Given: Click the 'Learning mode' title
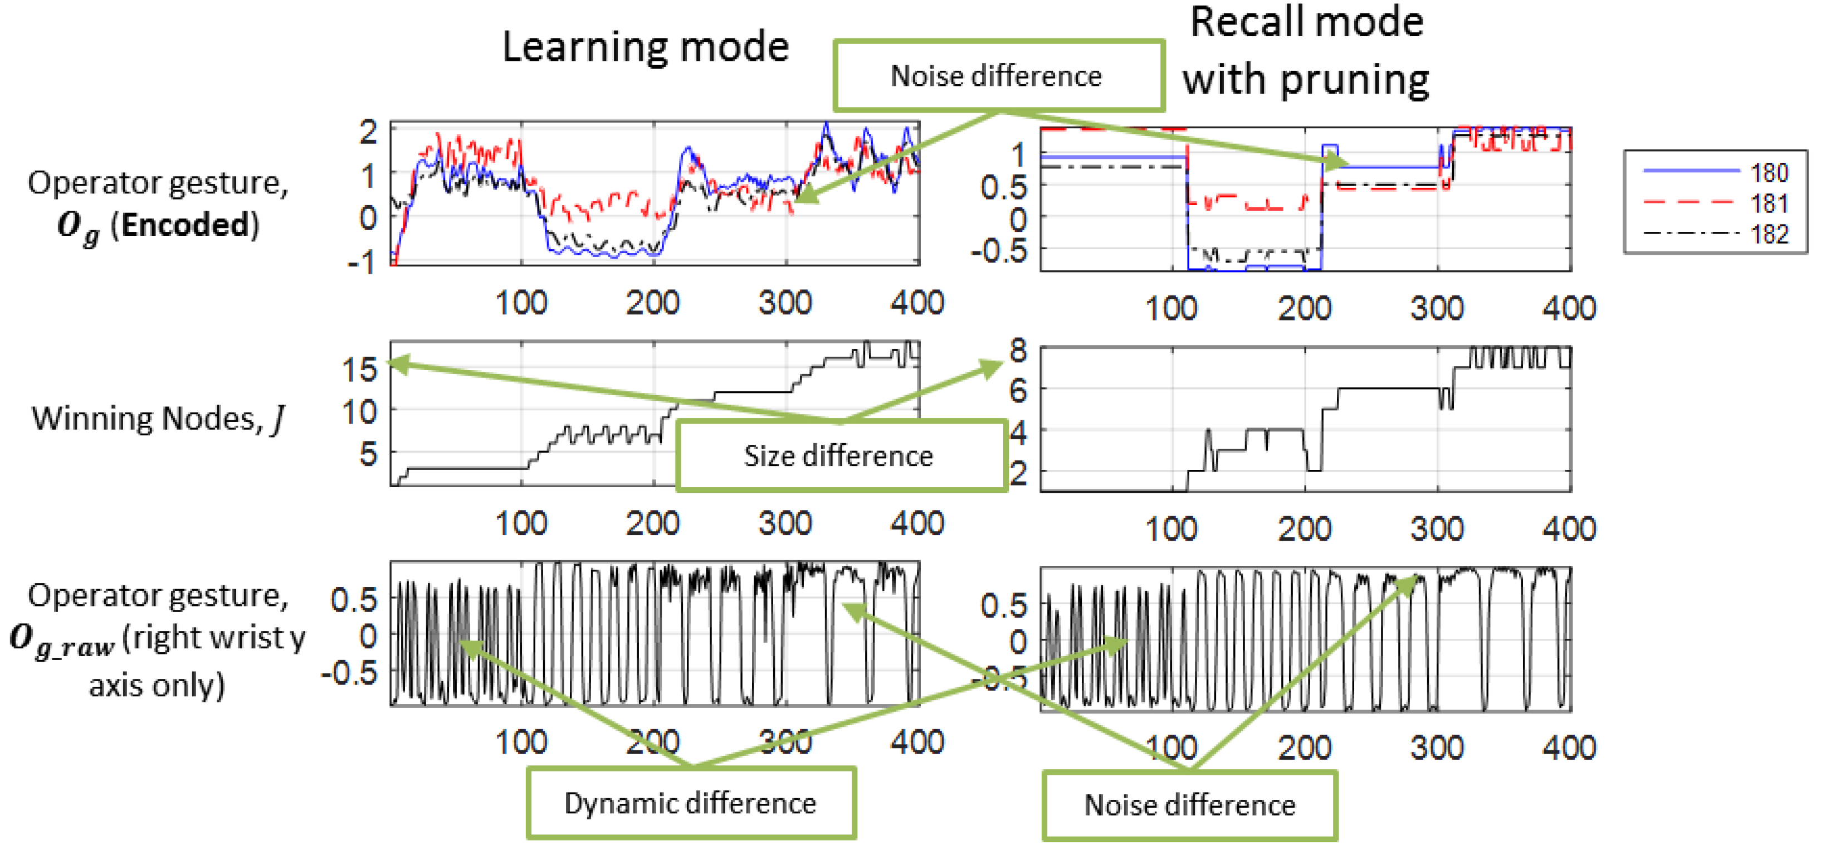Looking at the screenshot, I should click(x=645, y=47).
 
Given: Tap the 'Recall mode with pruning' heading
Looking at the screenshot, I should click(x=1306, y=51).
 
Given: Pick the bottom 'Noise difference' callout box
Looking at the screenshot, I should click(x=1189, y=805).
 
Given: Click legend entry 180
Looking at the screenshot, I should click(x=1769, y=172).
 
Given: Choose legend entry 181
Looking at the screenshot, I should click(x=1769, y=203).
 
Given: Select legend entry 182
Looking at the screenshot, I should click(x=1769, y=234).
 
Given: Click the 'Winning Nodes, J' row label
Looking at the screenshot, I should click(x=157, y=419).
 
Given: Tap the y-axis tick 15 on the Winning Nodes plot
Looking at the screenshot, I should click(x=360, y=370).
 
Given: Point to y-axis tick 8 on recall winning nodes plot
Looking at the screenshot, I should click(x=1018, y=350).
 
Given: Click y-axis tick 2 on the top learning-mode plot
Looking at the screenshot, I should click(x=368, y=132).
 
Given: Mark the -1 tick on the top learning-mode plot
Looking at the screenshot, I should click(x=362, y=264).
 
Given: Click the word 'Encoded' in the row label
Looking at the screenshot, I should click(x=185, y=224).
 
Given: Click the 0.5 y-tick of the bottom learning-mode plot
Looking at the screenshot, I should click(x=354, y=600).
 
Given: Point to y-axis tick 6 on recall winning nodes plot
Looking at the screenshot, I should click(x=1018, y=390).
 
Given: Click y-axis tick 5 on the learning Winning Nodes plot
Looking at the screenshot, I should click(x=368, y=454).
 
